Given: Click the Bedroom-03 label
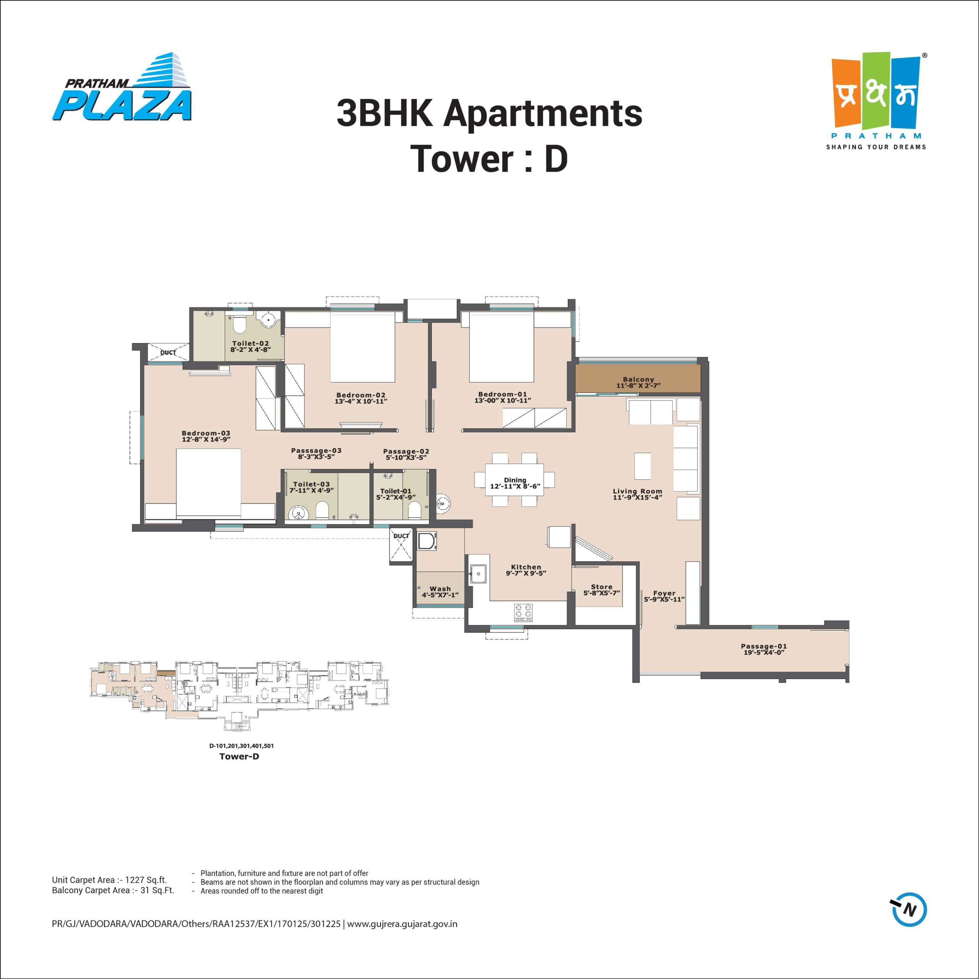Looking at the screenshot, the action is [x=206, y=433].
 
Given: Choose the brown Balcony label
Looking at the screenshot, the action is [x=639, y=379].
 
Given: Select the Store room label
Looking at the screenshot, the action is [x=602, y=587].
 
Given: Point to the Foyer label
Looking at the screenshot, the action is [x=664, y=593].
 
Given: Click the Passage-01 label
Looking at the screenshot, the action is [x=764, y=646].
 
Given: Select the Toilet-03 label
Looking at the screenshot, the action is [x=311, y=484].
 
